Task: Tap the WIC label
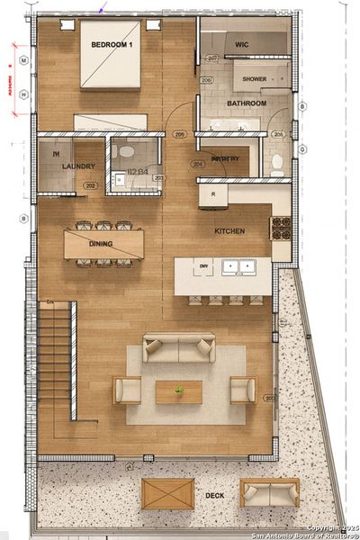[x=241, y=43]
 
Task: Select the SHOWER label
[x=254, y=79]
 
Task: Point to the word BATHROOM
[x=246, y=103]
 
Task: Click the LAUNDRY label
[x=78, y=166]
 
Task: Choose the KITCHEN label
[x=229, y=231]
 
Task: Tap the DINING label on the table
[x=101, y=243]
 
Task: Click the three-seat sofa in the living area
[x=179, y=348]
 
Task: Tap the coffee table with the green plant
[x=178, y=391]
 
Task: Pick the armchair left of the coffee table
[x=127, y=390]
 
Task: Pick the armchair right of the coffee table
[x=242, y=390]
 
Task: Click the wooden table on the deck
[x=167, y=493]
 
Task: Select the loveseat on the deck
[x=269, y=492]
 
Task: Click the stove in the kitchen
[x=281, y=229]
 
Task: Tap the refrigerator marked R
[x=212, y=194]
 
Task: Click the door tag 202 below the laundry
[x=90, y=186]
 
